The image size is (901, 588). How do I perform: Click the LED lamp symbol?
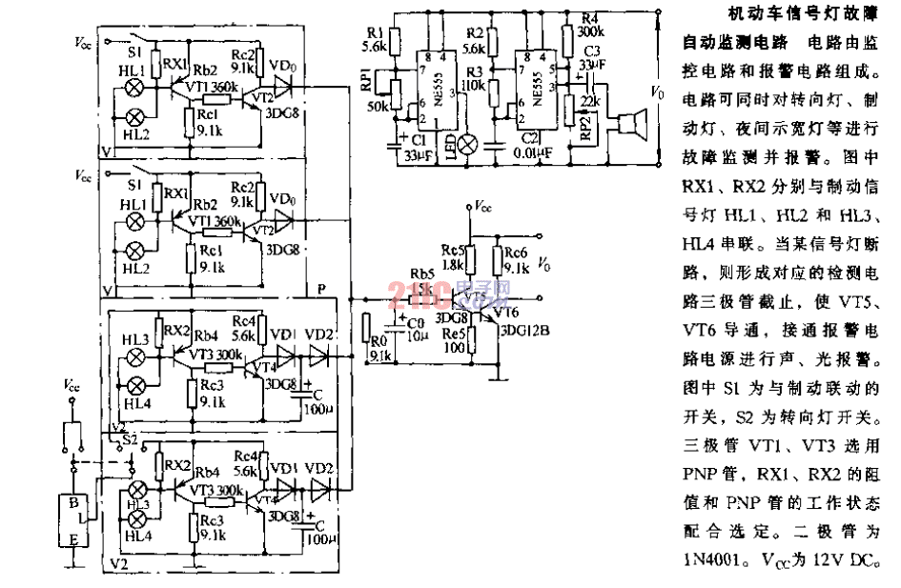467,143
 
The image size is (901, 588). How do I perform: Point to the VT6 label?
509,311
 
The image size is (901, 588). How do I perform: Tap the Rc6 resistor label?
515,253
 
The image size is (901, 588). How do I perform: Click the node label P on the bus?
320,287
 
